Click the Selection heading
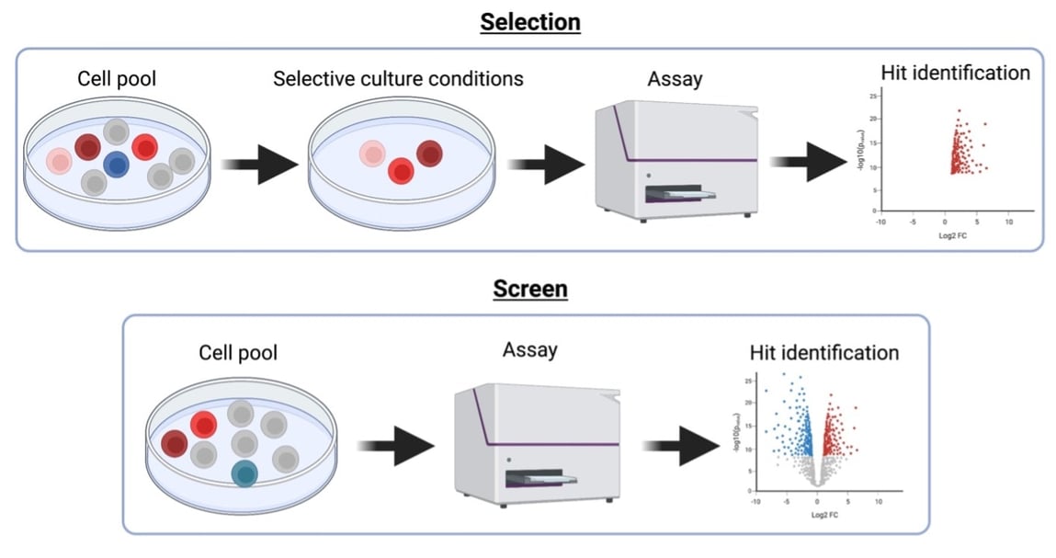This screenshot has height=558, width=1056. click(529, 21)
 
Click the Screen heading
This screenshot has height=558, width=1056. click(529, 289)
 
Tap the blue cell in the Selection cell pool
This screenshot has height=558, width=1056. click(116, 165)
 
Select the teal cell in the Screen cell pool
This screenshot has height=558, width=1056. click(244, 473)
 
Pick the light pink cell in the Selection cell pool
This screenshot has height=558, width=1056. click(58, 161)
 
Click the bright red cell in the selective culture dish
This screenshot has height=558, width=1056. click(400, 170)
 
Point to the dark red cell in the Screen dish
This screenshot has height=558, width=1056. click(174, 444)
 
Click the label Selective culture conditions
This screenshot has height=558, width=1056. click(398, 78)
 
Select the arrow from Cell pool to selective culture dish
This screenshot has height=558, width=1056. click(260, 165)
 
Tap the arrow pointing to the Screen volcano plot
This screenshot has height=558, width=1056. click(681, 446)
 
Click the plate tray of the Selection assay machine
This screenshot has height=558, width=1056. click(679, 194)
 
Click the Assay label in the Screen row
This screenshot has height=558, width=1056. click(529, 350)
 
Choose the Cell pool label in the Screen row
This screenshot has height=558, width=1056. click(237, 352)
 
